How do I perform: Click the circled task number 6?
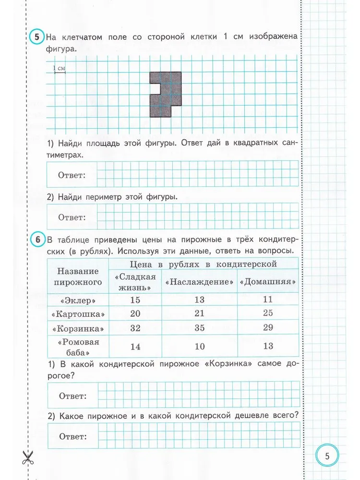point(37,239)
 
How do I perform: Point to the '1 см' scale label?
point(59,69)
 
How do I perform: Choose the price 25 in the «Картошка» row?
point(268,313)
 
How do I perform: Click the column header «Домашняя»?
point(268,282)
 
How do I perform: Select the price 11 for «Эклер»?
point(268,300)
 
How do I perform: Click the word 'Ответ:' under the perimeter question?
point(72,217)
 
